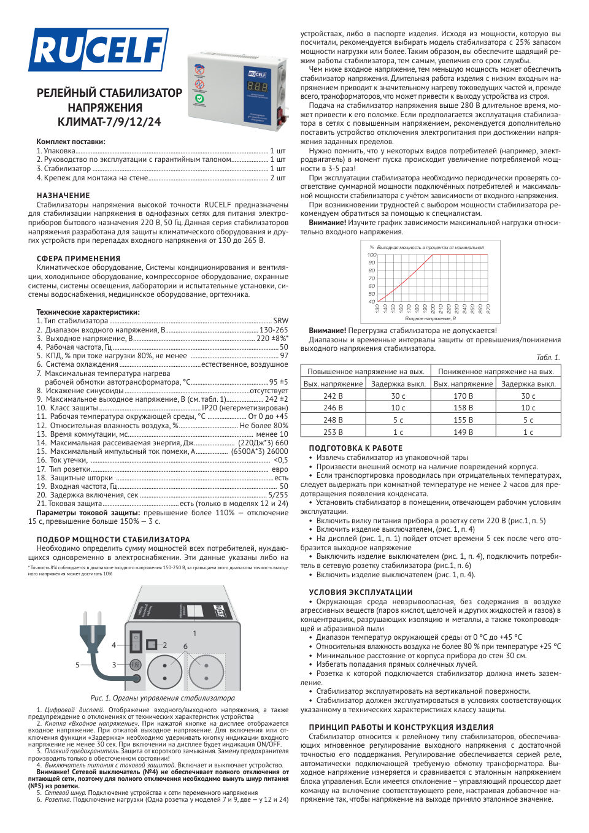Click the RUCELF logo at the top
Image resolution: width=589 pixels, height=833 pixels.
[x=98, y=50]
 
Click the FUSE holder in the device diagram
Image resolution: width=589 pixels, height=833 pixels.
[x=136, y=664]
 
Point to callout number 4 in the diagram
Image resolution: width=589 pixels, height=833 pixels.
[x=114, y=645]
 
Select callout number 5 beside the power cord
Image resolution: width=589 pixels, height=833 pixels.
[x=77, y=664]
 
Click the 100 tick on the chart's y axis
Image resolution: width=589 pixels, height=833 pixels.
[x=371, y=255]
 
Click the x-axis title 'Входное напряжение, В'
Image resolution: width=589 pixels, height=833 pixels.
[x=430, y=318]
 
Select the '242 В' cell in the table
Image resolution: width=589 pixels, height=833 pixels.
[x=333, y=396]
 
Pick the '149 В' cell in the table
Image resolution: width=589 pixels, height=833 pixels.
[x=463, y=432]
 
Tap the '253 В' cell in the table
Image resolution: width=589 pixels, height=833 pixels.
[x=333, y=432]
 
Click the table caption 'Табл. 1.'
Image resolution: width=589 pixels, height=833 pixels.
[x=548, y=358]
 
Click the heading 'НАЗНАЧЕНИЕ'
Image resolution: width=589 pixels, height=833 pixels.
[x=63, y=196]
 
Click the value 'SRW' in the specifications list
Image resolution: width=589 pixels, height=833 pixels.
[x=280, y=321]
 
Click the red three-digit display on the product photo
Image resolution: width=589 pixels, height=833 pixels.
[x=257, y=86]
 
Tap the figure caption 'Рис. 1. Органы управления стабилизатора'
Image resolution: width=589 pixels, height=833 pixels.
[x=162, y=698]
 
